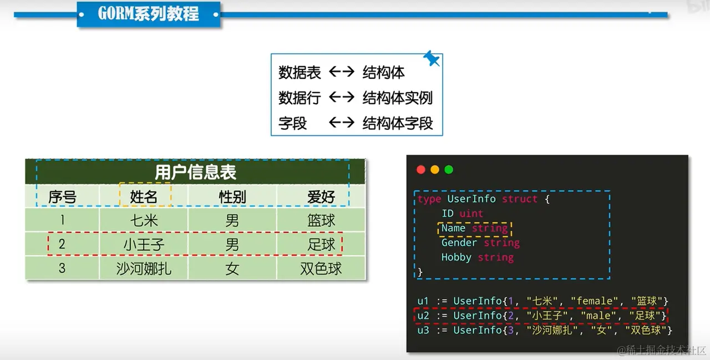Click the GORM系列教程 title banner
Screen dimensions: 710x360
[148, 14]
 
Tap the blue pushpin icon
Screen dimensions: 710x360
[431, 58]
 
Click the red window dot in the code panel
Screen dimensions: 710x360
[420, 170]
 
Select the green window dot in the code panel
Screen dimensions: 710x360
[449, 170]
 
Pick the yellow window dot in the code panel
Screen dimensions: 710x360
[435, 170]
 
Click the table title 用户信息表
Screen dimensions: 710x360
[195, 173]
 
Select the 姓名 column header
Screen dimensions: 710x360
[144, 196]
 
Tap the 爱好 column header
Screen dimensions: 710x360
[321, 196]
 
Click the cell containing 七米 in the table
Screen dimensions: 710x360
[144, 220]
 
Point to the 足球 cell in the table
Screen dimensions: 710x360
[321, 245]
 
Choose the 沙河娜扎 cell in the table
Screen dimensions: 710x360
[144, 269]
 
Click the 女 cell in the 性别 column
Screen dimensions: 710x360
[232, 269]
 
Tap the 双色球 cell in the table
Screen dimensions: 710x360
[321, 269]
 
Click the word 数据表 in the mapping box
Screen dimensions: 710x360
[300, 73]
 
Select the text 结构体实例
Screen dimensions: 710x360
[397, 98]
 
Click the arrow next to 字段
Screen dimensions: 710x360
[341, 123]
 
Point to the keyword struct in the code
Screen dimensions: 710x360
[520, 199]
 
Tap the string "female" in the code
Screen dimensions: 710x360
[594, 301]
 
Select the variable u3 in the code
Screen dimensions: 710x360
[423, 330]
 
